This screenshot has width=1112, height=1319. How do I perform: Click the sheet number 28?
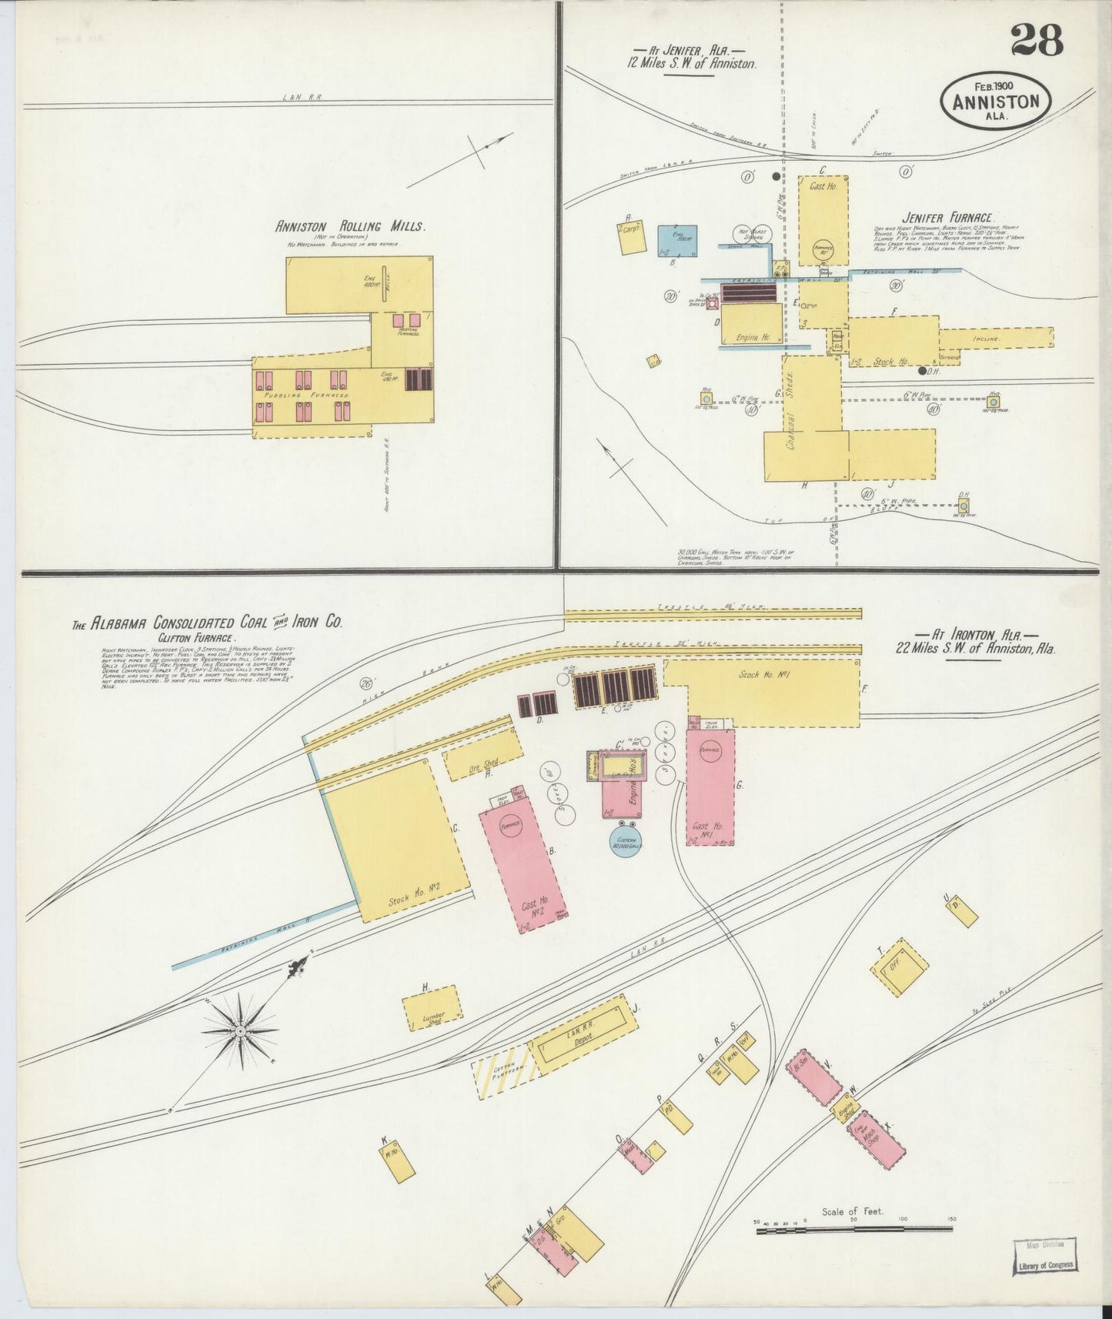(x=1037, y=39)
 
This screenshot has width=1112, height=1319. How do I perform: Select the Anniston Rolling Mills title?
(x=350, y=226)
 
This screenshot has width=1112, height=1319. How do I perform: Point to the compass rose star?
(x=240, y=1030)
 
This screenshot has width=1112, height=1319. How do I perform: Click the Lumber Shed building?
(x=432, y=1008)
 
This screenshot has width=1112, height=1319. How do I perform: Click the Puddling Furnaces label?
(x=308, y=394)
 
